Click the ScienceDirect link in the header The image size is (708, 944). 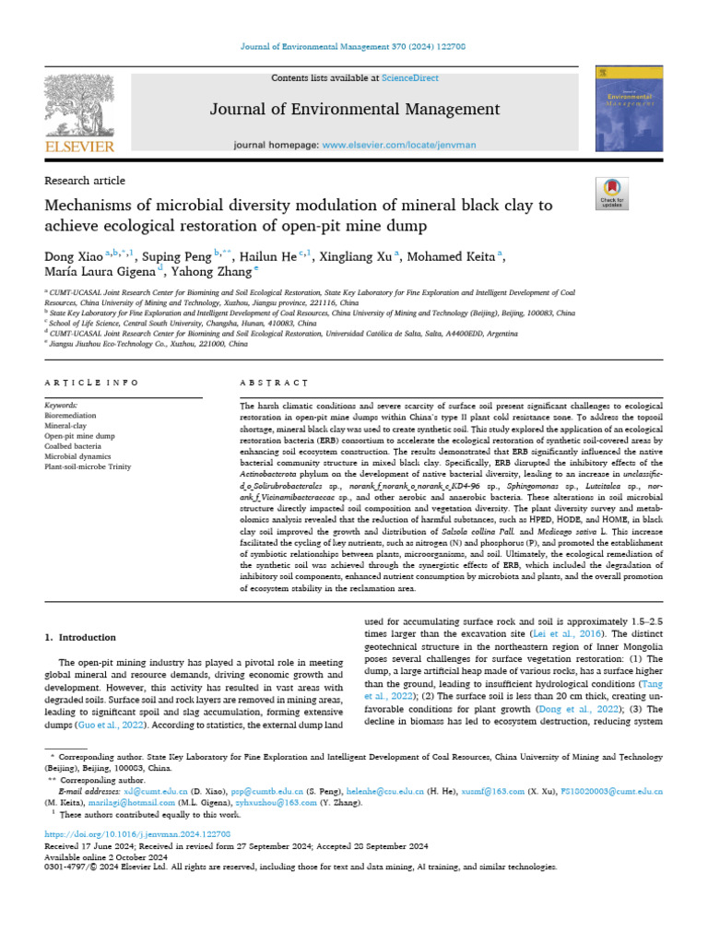tap(412, 78)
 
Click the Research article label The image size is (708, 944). tap(85, 181)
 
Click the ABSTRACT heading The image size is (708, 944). tap(274, 383)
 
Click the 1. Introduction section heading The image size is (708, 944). tap(80, 638)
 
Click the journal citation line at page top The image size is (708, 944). tap(354, 47)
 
